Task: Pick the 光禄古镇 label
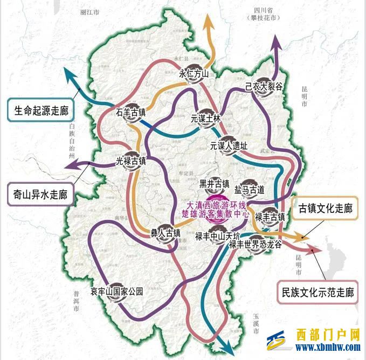(132, 161)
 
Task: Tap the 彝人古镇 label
(165, 233)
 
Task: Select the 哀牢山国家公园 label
(117, 292)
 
